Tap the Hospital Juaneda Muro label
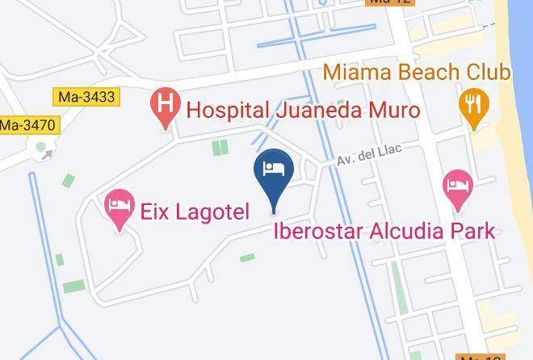303,108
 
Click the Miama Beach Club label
417,73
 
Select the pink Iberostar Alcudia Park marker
458,187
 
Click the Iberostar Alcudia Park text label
384,231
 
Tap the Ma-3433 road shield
87,97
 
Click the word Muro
391,108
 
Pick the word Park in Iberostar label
472,231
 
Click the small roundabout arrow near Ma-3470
47,152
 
